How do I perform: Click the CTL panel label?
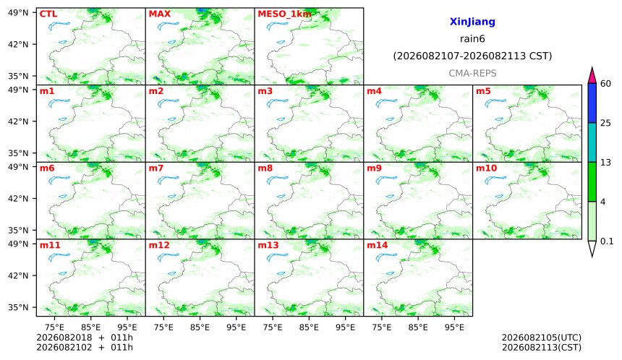pyautogui.click(x=48, y=14)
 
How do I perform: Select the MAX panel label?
pyautogui.click(x=159, y=14)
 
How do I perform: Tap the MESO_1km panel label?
pyautogui.click(x=284, y=14)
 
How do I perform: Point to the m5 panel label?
pyautogui.click(x=483, y=91)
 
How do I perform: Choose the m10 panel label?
pyautogui.click(x=486, y=168)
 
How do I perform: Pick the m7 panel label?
pyautogui.click(x=156, y=168)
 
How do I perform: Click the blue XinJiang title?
pyautogui.click(x=472, y=22)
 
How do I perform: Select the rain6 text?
pyautogui.click(x=472, y=39)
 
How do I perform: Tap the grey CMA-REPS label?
pyautogui.click(x=472, y=73)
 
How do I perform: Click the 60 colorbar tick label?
pyautogui.click(x=606, y=84)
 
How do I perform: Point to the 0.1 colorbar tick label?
pyautogui.click(x=607, y=241)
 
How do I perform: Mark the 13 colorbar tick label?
pyautogui.click(x=606, y=163)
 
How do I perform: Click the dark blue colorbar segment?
pyautogui.click(x=592, y=103)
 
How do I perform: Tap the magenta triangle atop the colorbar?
pyautogui.click(x=592, y=75)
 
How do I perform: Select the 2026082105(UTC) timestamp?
pyautogui.click(x=542, y=338)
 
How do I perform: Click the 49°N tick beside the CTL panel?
pyautogui.click(x=18, y=13)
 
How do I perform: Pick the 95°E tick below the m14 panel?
pyautogui.click(x=454, y=327)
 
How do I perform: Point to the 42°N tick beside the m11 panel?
pyautogui.click(x=18, y=275)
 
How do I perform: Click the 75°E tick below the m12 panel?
pyautogui.click(x=163, y=327)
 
